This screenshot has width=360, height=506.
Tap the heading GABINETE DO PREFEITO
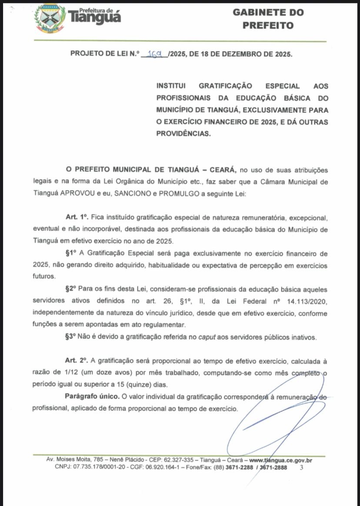coord(268,19)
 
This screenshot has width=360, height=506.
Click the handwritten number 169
coord(155,54)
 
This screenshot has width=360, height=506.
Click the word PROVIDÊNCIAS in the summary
coord(183,134)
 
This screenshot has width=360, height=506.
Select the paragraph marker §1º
coord(71,253)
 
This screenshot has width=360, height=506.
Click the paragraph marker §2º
coord(71,289)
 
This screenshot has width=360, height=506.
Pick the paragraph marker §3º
coord(71,337)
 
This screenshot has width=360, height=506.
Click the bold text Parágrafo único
coord(92,396)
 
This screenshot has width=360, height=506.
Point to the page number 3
coord(301,468)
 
